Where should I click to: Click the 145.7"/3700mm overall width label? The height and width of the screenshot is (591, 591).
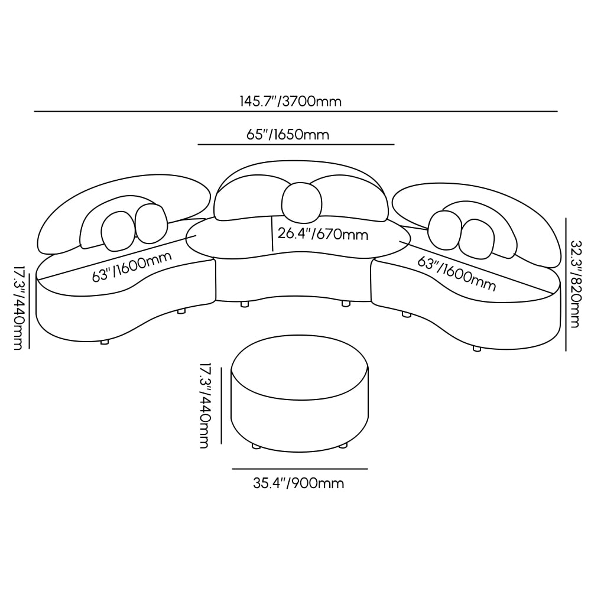[290, 101]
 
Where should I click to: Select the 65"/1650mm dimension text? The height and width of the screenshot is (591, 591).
[287, 135]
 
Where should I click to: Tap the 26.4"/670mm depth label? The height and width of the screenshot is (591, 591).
[323, 234]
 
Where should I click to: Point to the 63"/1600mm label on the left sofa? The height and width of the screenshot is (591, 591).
[131, 267]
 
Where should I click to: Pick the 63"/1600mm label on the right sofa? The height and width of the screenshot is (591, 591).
[457, 273]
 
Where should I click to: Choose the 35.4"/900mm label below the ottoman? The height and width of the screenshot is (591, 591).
[298, 483]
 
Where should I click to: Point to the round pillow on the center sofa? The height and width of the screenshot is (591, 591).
[302, 202]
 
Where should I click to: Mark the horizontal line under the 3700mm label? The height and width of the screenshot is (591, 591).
[295, 111]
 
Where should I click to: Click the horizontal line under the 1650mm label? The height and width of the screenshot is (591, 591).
[295, 144]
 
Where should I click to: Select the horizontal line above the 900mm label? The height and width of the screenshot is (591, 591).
[300, 469]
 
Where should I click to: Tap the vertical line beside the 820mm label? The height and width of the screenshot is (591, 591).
[566, 284]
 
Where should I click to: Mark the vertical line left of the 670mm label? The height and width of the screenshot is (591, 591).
[271, 233]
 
